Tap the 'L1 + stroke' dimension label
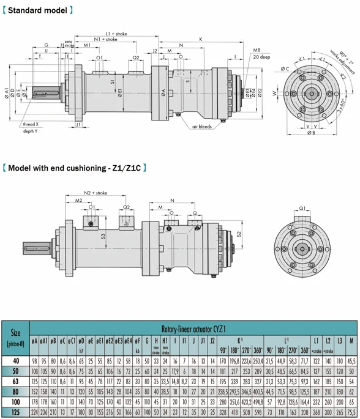coord(116,34)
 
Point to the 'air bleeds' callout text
coord(201,126)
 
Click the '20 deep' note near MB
coord(261,57)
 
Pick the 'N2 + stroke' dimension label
coord(96,193)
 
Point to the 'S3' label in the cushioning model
coord(103,237)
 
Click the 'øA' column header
coord(35,341)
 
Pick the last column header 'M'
coord(351,340)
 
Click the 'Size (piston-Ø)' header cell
coord(16,337)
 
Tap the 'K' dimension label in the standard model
coord(200,39)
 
